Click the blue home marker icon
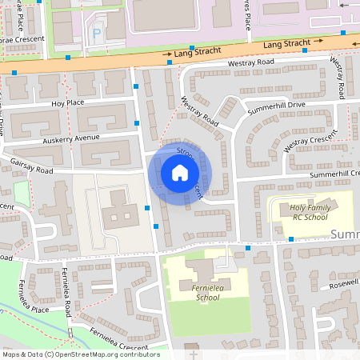(x=180, y=173)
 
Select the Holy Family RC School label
(x=298, y=211)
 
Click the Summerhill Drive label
(x=276, y=106)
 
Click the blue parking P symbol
(x=98, y=34)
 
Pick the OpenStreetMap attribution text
(x=81, y=354)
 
